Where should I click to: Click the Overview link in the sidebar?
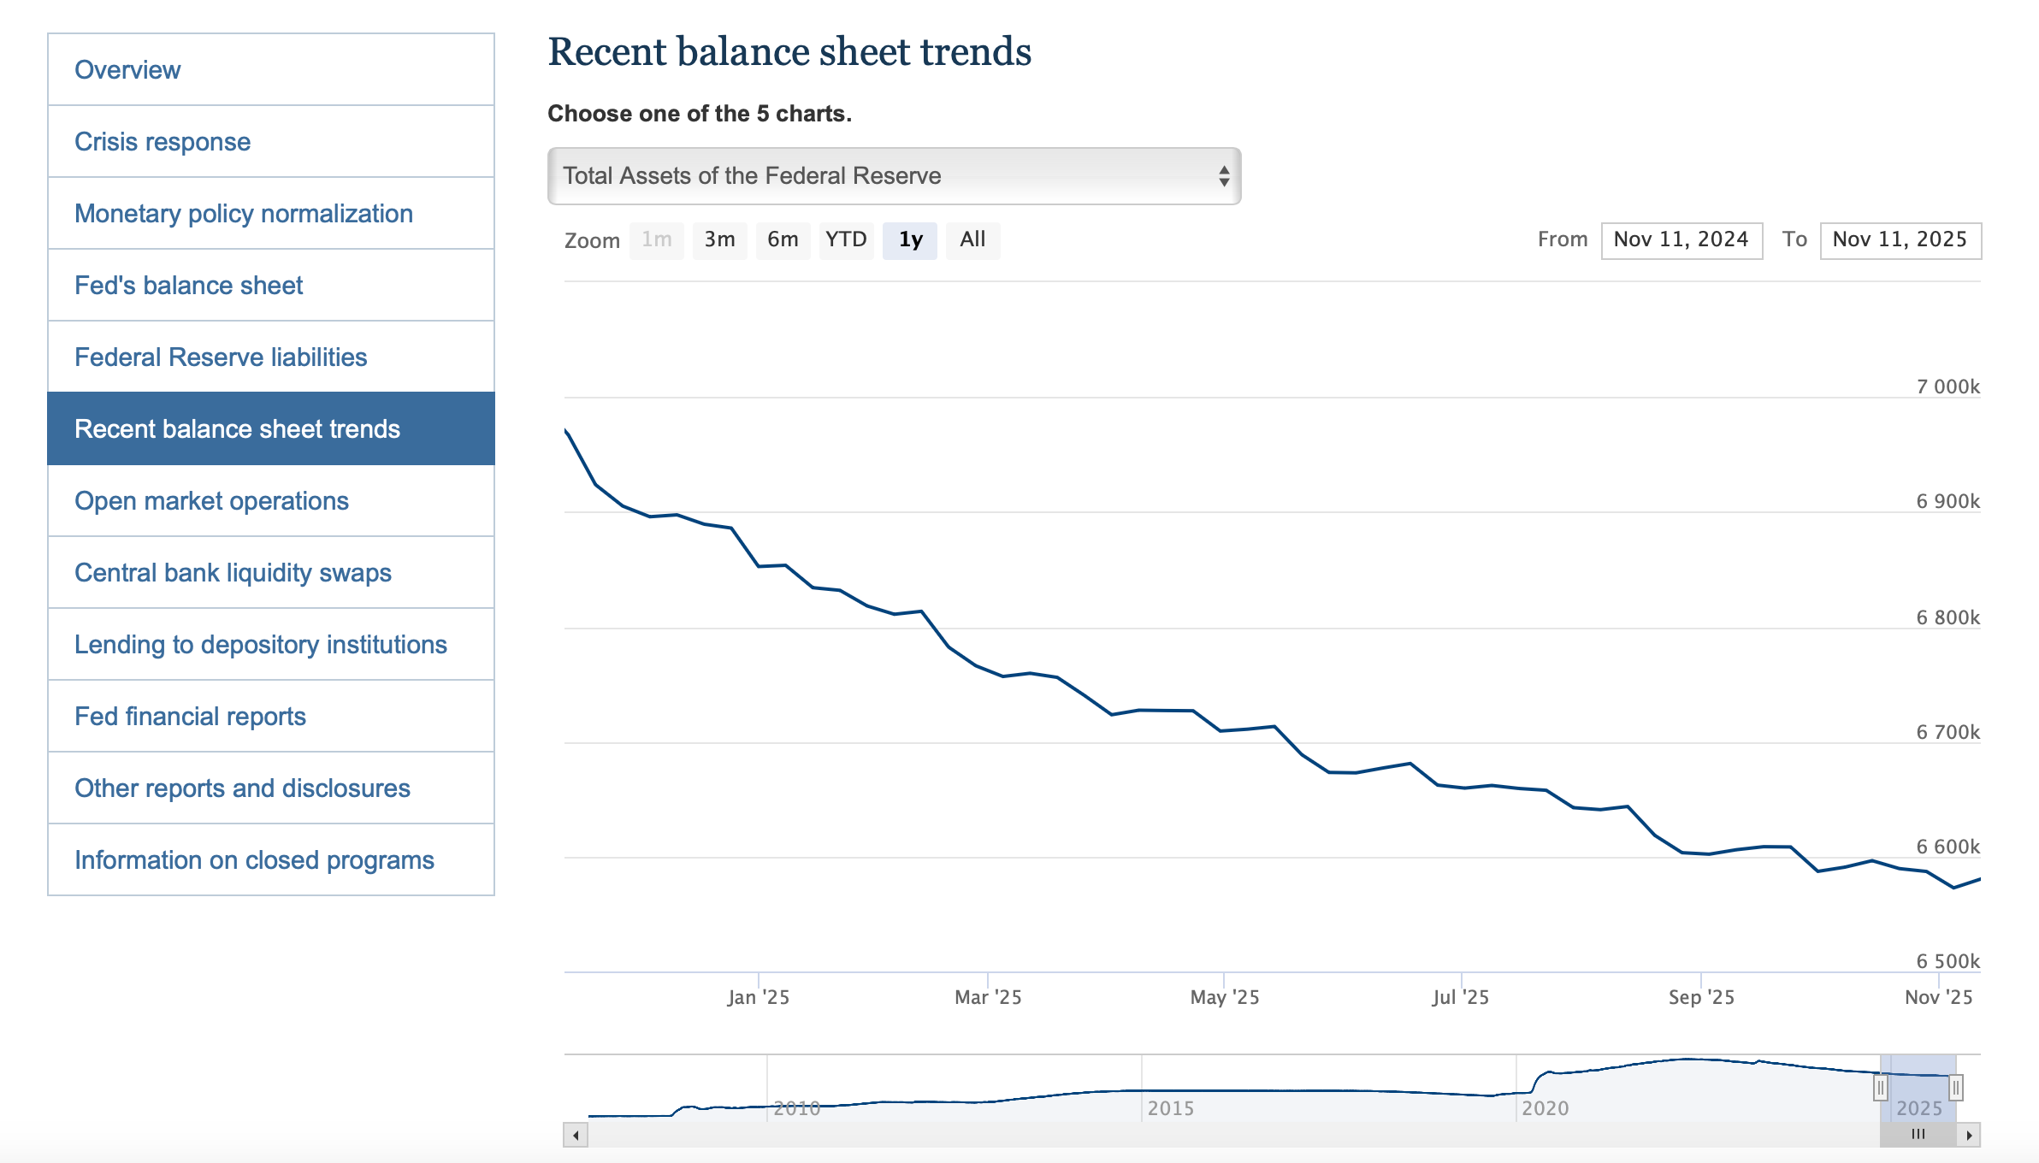[x=127, y=70]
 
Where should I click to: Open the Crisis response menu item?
[x=163, y=142]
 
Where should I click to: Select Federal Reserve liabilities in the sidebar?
[x=221, y=357]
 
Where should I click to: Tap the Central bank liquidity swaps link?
[x=233, y=573]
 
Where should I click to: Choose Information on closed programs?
[x=254, y=860]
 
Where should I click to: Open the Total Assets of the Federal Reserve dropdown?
[x=894, y=176]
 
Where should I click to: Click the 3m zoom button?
[x=719, y=239]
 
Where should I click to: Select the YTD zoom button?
[x=846, y=239]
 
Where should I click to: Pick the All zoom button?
[x=972, y=239]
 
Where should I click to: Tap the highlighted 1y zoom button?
[x=910, y=239]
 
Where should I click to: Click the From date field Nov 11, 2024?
[x=1681, y=239]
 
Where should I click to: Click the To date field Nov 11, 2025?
[x=1900, y=239]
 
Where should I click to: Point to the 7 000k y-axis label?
[x=1947, y=387]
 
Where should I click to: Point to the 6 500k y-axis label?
[x=1947, y=961]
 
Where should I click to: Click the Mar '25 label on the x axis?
[x=988, y=997]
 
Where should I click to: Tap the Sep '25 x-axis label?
[x=1701, y=997]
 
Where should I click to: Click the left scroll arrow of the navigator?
[x=576, y=1136]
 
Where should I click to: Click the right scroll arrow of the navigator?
[x=1969, y=1136]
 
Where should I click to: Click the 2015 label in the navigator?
[x=1170, y=1108]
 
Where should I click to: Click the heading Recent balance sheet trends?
[x=789, y=51]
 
